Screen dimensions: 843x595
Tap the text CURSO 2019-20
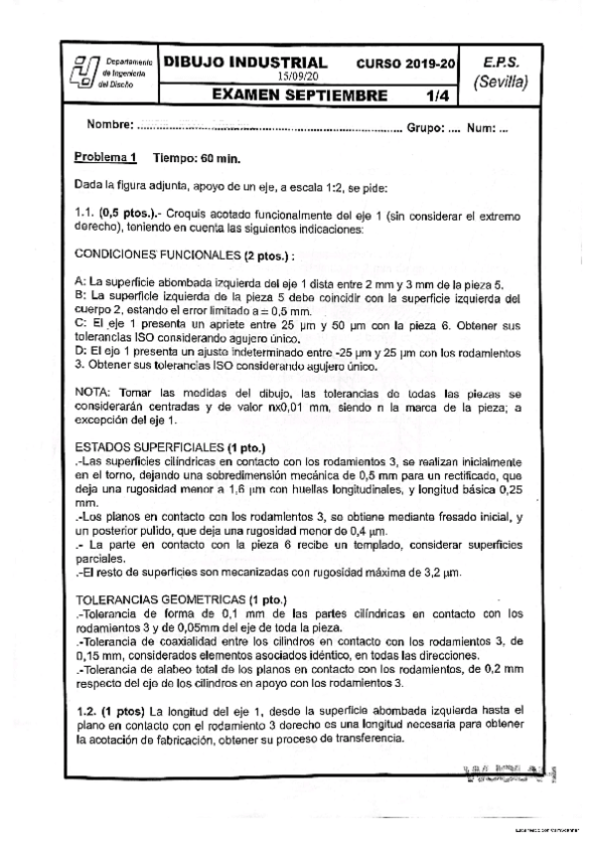point(406,63)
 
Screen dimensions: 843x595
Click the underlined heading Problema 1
point(104,158)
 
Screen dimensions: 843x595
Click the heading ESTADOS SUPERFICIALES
point(148,445)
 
